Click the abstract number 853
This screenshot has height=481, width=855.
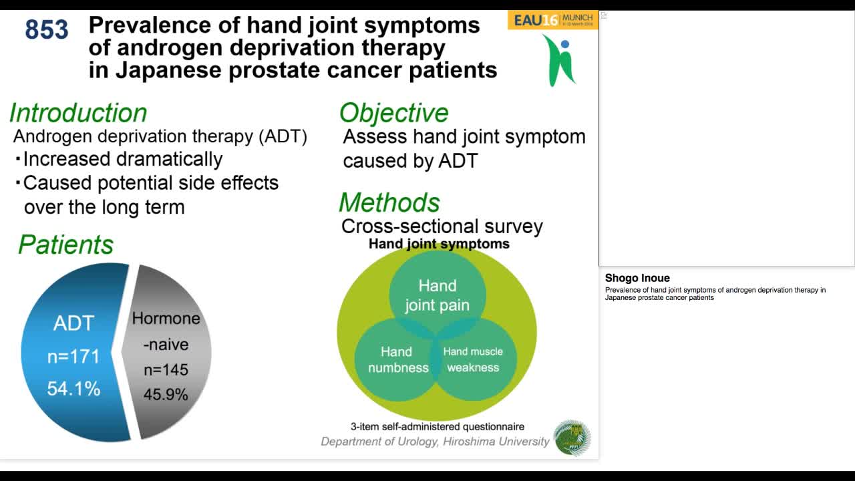(x=47, y=30)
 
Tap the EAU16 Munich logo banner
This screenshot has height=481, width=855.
(x=552, y=19)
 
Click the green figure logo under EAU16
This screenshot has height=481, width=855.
(x=559, y=60)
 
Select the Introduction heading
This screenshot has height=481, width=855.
(x=78, y=113)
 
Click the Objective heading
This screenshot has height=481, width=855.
(x=393, y=113)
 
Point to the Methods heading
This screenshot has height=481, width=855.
(x=389, y=202)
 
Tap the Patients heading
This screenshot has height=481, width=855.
(x=65, y=245)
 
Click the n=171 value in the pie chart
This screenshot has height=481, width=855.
(x=73, y=357)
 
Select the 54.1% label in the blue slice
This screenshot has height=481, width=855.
(x=73, y=388)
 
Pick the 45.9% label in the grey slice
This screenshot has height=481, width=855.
(x=166, y=395)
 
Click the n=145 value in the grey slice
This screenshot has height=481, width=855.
(x=166, y=369)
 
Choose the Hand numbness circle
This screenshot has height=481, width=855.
(x=397, y=359)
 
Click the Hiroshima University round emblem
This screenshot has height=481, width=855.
(x=572, y=438)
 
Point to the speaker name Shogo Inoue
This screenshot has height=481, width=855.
(x=637, y=278)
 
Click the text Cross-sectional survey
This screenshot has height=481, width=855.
(x=442, y=226)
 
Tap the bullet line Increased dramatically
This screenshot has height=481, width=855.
(x=122, y=159)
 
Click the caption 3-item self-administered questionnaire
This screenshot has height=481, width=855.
(x=438, y=426)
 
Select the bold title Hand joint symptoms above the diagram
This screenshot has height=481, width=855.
(x=439, y=244)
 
